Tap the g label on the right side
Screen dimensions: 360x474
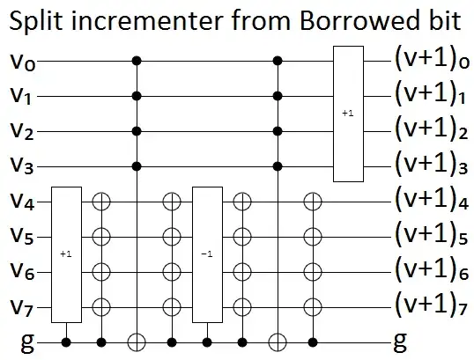point(402,338)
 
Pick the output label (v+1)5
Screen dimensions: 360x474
point(428,236)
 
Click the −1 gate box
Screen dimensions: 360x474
point(205,253)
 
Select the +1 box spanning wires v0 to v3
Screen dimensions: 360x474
point(347,114)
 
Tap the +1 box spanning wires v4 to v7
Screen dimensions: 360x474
point(65,253)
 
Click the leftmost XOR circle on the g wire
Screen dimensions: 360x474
point(137,340)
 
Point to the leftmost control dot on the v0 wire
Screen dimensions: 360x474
point(137,62)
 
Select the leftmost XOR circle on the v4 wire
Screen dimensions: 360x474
point(101,202)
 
